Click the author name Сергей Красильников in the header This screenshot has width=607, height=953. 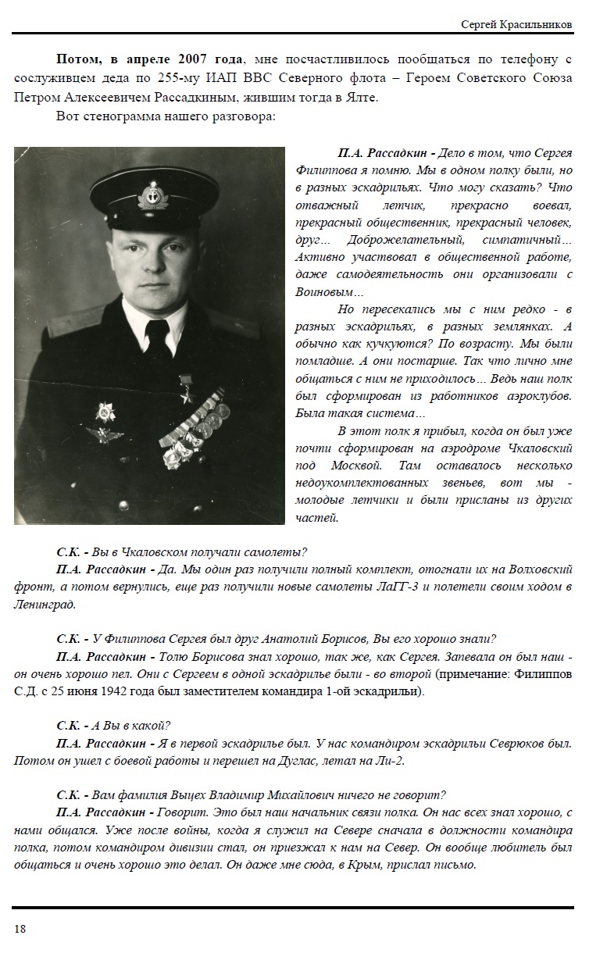517,25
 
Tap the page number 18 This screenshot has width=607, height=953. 20,928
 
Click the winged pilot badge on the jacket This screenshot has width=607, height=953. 102,435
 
